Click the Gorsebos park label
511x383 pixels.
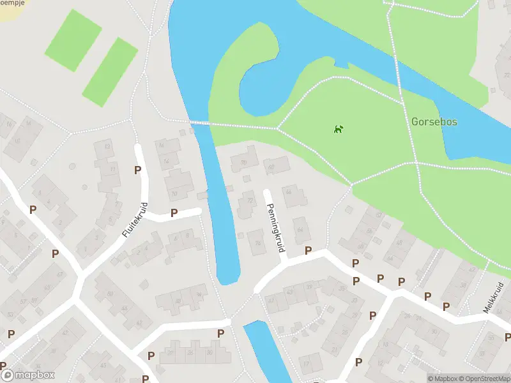click(434, 121)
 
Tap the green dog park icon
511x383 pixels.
click(338, 130)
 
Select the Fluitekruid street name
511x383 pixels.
click(135, 221)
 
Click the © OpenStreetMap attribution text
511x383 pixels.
click(484, 379)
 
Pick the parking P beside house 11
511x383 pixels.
click(137, 170)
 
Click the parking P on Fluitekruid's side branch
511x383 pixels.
click(174, 213)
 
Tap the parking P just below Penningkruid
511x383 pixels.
click(309, 251)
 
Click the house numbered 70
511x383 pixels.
click(243, 163)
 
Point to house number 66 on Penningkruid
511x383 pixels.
click(288, 191)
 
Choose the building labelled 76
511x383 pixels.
click(258, 243)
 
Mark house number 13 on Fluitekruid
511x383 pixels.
click(107, 147)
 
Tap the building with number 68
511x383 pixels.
click(271, 168)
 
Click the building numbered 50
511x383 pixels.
click(109, 294)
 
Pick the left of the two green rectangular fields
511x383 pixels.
click(73, 40)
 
